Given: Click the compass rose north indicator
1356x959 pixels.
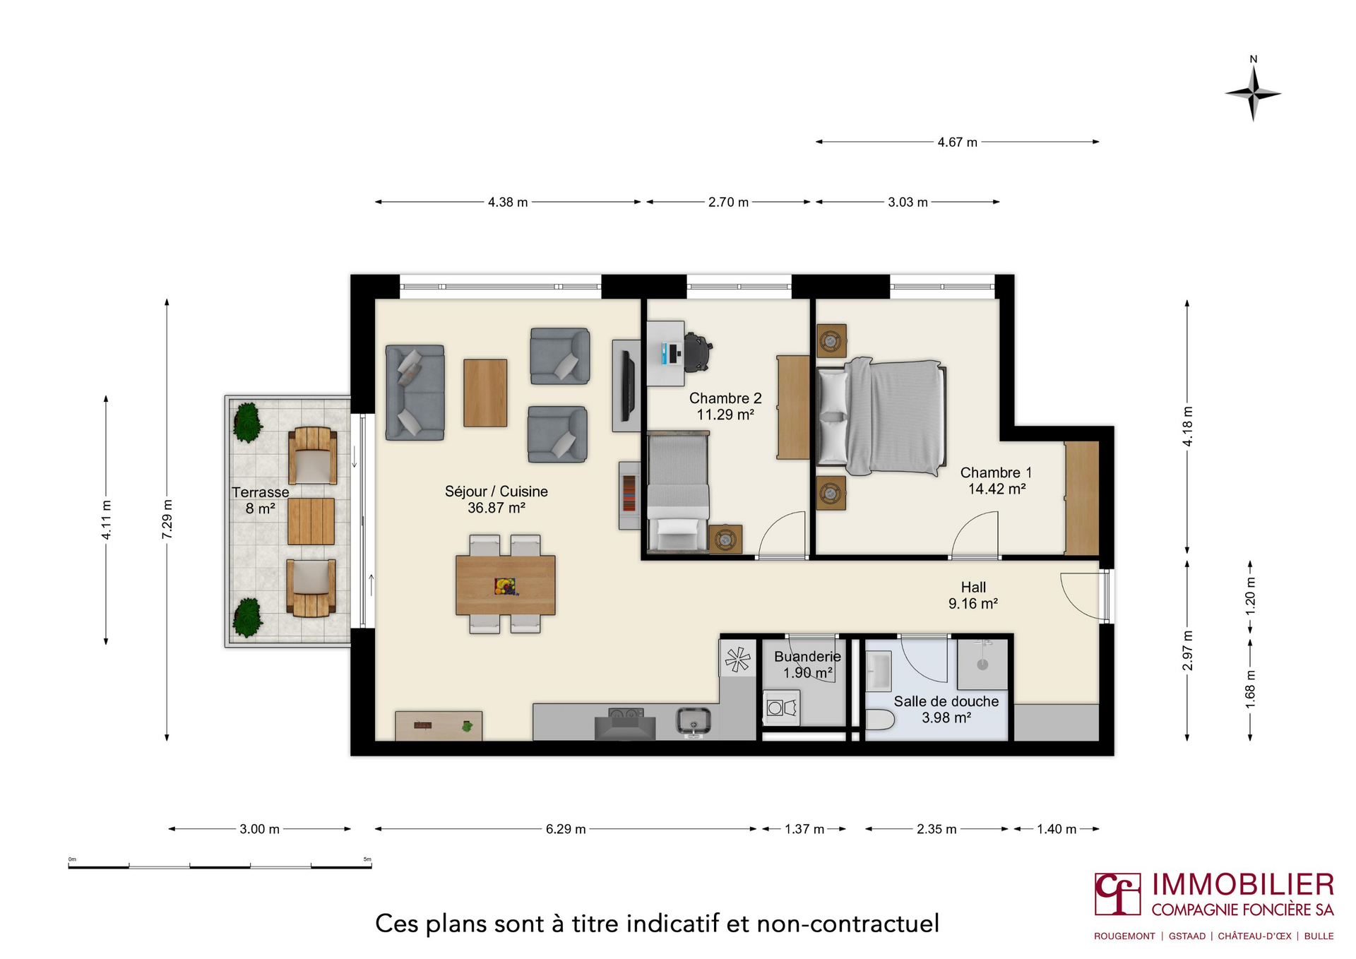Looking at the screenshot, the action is point(1254,91).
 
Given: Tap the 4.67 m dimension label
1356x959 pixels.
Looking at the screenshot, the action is point(957,142).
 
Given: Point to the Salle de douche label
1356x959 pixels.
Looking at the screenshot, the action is point(946,701).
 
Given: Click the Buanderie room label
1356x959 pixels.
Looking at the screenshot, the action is point(807,657).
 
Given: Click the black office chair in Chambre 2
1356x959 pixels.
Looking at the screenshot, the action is point(696,352).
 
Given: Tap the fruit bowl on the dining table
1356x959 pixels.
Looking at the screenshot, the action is point(505,586).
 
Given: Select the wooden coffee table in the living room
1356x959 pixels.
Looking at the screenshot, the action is point(485,393).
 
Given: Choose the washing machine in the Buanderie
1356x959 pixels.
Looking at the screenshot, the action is point(781,708).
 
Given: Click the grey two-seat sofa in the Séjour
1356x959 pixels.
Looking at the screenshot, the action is point(415,392).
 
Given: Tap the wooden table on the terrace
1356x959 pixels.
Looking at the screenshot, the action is point(311,521).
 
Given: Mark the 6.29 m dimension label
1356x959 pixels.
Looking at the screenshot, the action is point(566,829).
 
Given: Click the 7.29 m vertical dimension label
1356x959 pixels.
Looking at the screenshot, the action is point(167,520).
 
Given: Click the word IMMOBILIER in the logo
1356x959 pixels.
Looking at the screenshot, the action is point(1243,885).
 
